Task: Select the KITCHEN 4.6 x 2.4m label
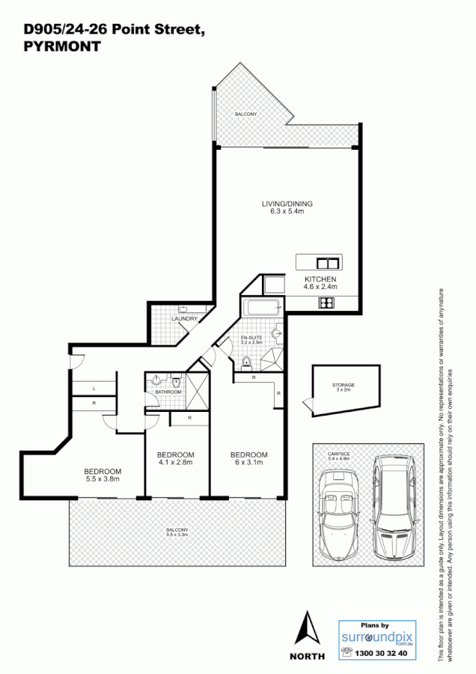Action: point(320,282)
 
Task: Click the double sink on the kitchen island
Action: point(327,263)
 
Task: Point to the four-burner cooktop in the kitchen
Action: point(327,303)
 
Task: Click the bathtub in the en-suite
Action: point(260,306)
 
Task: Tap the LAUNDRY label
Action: point(184,319)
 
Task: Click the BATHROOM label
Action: point(168,392)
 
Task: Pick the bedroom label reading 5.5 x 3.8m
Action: point(103,474)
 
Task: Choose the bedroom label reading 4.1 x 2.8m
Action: point(175,459)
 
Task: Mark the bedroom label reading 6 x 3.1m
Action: point(248,459)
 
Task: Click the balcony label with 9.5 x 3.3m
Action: point(177,532)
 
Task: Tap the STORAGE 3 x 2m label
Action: point(344,387)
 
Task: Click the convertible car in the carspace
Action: point(338,515)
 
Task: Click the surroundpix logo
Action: point(376,637)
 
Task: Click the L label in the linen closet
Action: point(94,388)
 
